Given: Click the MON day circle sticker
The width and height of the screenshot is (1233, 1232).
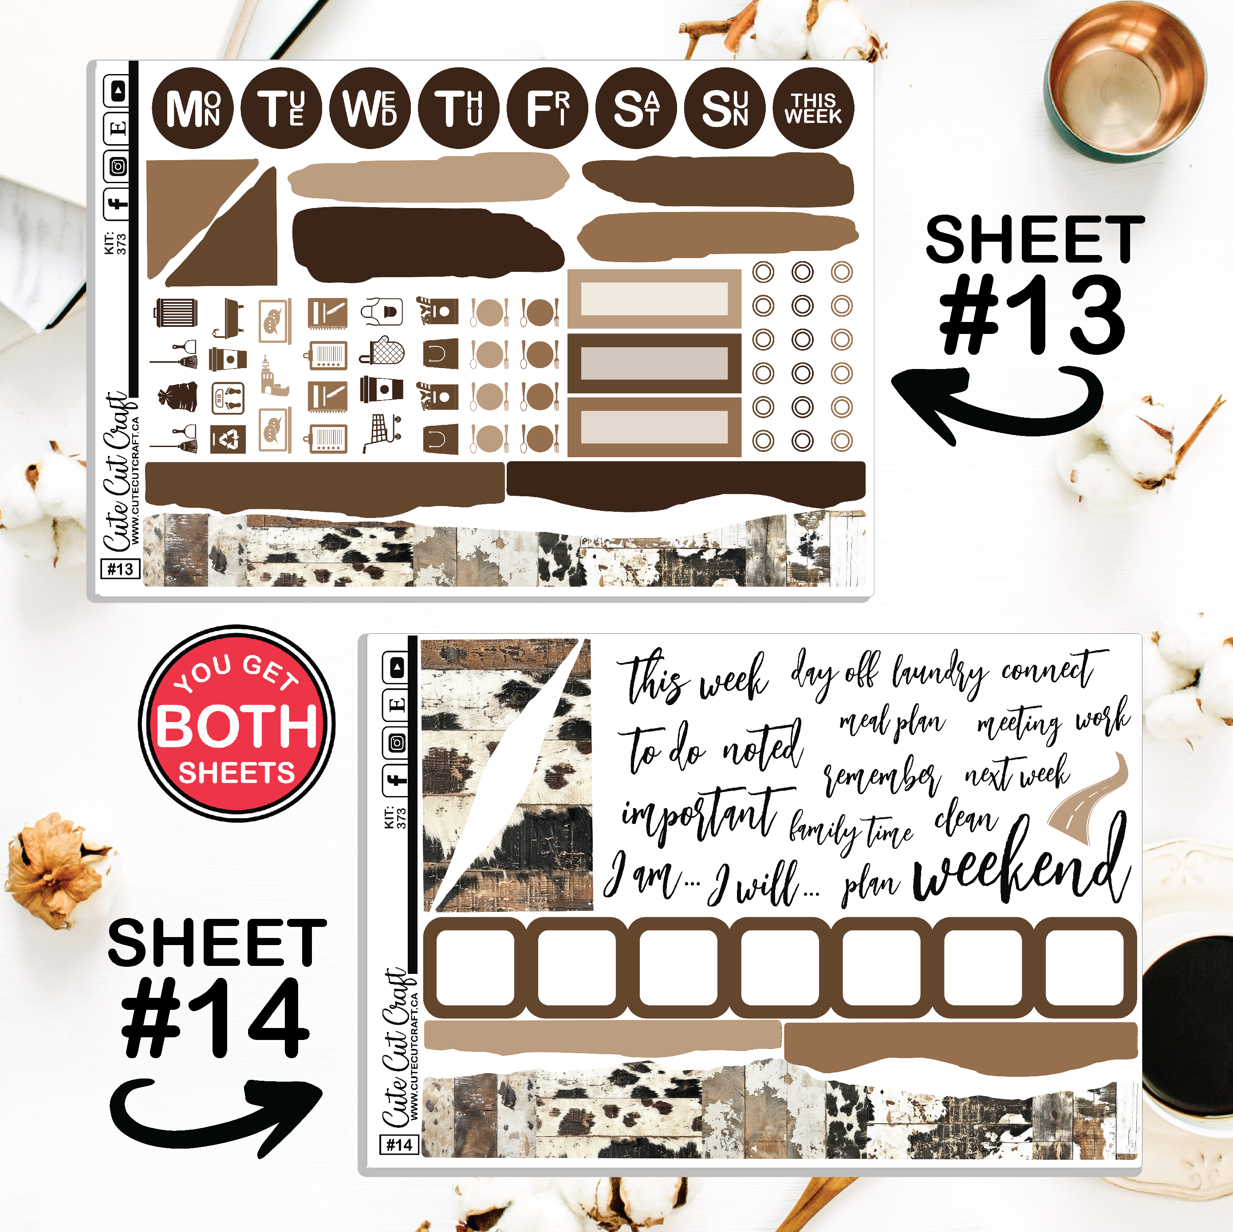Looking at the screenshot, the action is pos(193,108).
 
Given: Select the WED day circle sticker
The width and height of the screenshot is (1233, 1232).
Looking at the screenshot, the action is pos(370,108).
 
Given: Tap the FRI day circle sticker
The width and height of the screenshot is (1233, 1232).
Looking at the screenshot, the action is pos(548,108).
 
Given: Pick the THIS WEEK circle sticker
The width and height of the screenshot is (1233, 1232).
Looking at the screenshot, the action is pos(813,108).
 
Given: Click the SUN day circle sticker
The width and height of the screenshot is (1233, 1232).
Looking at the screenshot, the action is pos(725,108).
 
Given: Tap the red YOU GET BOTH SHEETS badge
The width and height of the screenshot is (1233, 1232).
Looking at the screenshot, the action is pos(237,723).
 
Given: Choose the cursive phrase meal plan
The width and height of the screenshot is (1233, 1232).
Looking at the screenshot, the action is pos(892,723).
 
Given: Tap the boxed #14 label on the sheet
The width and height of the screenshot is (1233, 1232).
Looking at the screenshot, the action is pos(399,1145).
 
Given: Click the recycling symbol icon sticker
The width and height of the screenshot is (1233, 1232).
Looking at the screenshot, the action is pos(228,439).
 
